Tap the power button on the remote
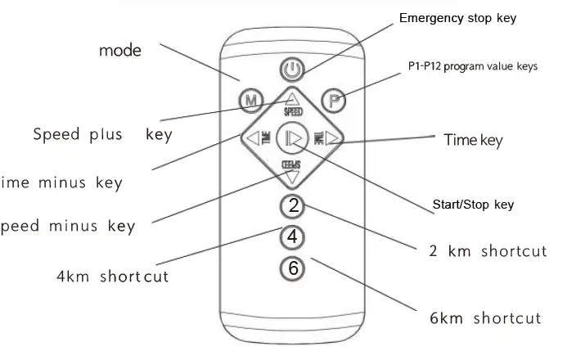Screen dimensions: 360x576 pyautogui.click(x=292, y=69)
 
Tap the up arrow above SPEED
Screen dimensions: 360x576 pyautogui.click(x=292, y=99)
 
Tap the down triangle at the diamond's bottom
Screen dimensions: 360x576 pyautogui.click(x=292, y=174)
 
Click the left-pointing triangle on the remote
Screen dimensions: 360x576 pyautogui.click(x=250, y=137)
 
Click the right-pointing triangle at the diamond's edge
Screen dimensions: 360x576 pyautogui.click(x=332, y=138)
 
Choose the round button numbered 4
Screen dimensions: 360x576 pyautogui.click(x=292, y=236)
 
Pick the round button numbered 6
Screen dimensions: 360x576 pyautogui.click(x=292, y=267)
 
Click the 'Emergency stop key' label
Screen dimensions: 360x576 pyautogui.click(x=457, y=17)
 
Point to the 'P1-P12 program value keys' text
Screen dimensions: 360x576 pyautogui.click(x=472, y=66)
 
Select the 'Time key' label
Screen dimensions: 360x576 pyautogui.click(x=473, y=140)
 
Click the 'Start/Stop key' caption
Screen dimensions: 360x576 pyautogui.click(x=472, y=205)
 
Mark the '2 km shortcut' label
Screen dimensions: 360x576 pyautogui.click(x=488, y=250)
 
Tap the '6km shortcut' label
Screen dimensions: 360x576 pyautogui.click(x=484, y=317)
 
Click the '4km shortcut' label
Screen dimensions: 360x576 pyautogui.click(x=112, y=276)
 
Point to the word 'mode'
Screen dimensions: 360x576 pyautogui.click(x=120, y=50)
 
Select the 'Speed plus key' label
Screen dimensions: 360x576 pyautogui.click(x=102, y=133)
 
